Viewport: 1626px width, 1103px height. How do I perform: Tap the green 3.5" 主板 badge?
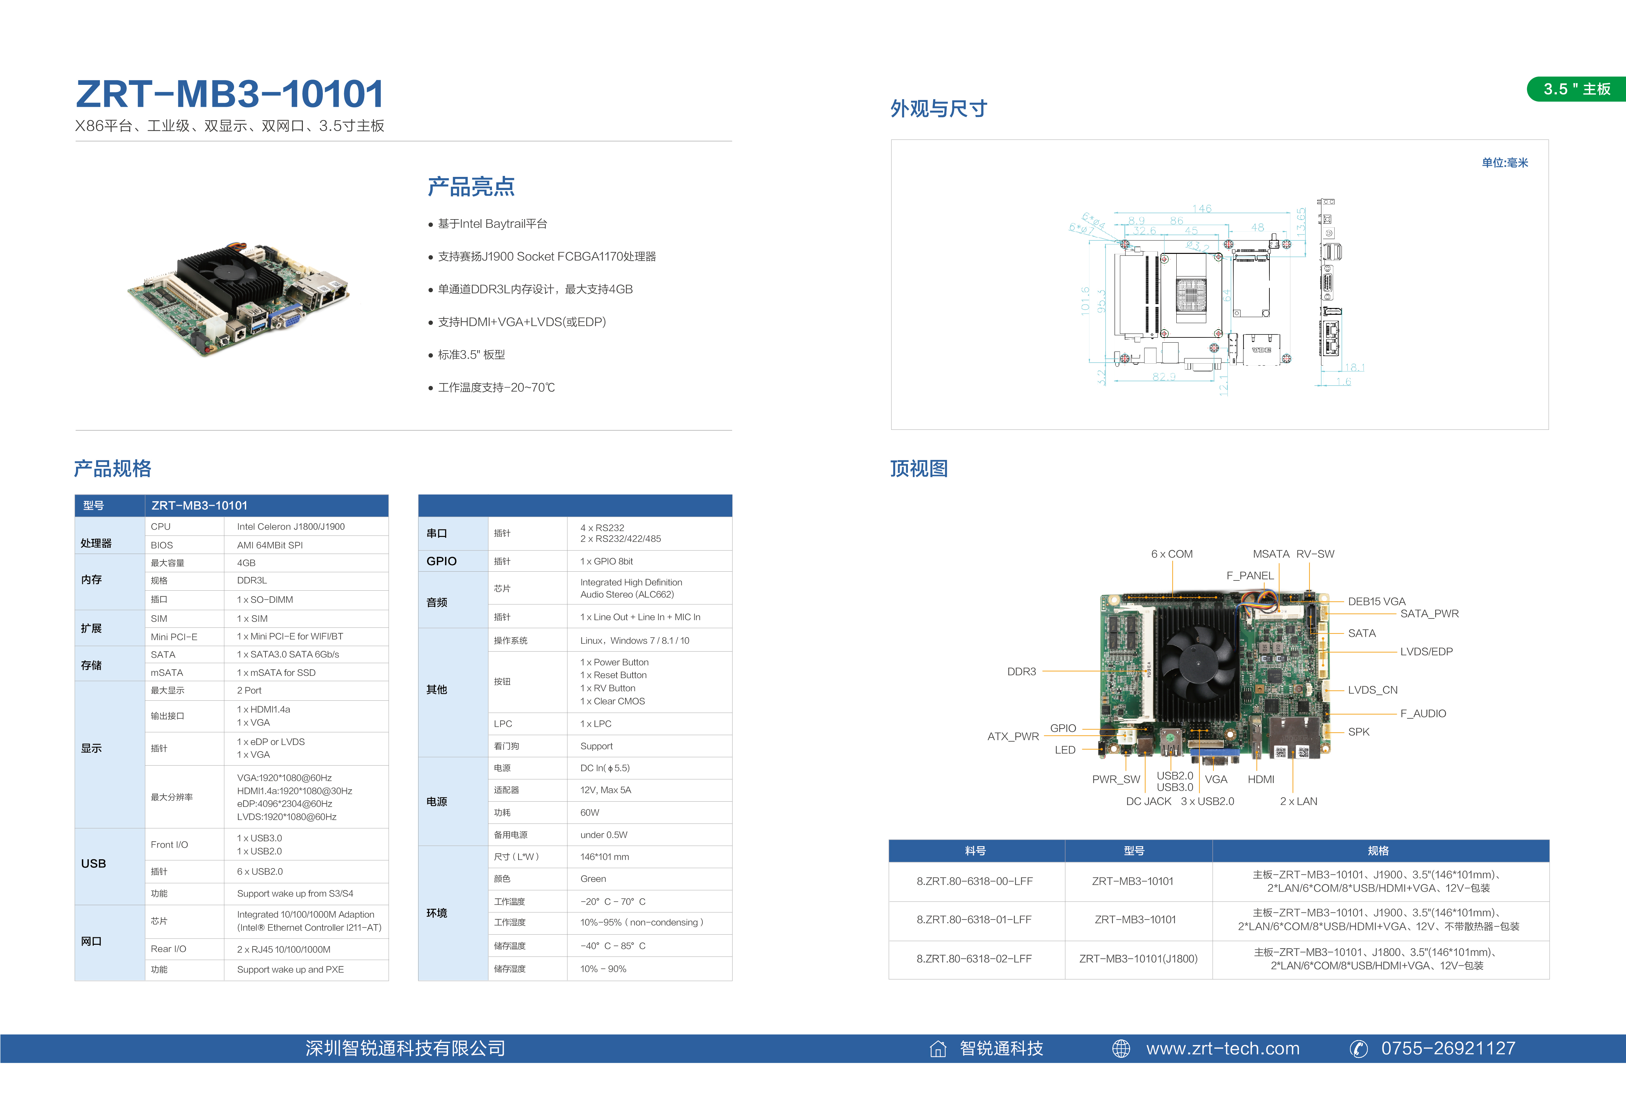(1576, 89)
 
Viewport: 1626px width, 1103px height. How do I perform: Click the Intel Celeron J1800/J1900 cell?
(290, 527)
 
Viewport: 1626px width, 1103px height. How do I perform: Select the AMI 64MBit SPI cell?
(269, 545)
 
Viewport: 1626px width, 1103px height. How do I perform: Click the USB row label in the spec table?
(93, 864)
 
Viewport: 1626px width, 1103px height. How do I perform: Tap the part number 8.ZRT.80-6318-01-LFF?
(974, 919)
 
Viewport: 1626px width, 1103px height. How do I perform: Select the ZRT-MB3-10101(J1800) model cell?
(1138, 958)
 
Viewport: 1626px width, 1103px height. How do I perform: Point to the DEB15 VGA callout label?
(1376, 601)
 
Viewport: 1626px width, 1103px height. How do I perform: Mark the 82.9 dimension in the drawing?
(1164, 376)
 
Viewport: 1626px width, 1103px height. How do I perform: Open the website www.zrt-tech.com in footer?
(1222, 1048)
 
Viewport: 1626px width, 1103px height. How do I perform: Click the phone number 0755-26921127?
(1448, 1048)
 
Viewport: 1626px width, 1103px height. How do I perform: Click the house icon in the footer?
(937, 1048)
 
